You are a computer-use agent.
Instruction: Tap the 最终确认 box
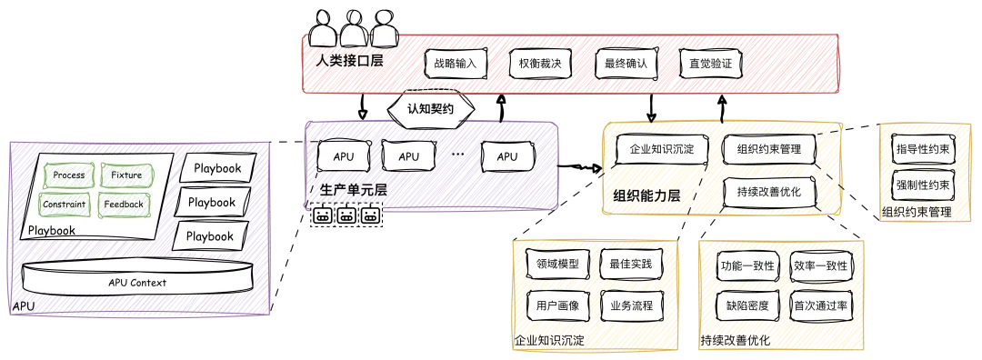click(621, 64)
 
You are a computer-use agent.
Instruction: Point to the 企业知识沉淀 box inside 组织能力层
click(662, 150)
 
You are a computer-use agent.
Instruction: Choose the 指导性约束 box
click(921, 150)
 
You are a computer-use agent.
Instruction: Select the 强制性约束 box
click(921, 185)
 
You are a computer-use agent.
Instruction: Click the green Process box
click(69, 175)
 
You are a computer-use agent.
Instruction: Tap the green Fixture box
click(125, 175)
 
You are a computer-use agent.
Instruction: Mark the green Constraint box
click(64, 205)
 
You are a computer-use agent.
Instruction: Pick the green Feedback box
click(124, 205)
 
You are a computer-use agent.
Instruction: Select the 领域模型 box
click(558, 265)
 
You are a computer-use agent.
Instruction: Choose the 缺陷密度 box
click(747, 306)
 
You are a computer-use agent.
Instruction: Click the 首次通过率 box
click(821, 306)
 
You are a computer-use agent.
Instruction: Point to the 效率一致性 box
click(821, 266)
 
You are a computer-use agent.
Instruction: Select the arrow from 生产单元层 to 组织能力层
click(579, 167)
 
